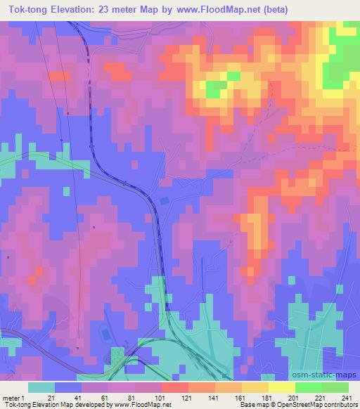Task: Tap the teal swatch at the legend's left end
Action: pos(41,387)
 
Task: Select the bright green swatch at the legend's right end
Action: pos(335,387)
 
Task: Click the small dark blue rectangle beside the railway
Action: pos(164,201)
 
